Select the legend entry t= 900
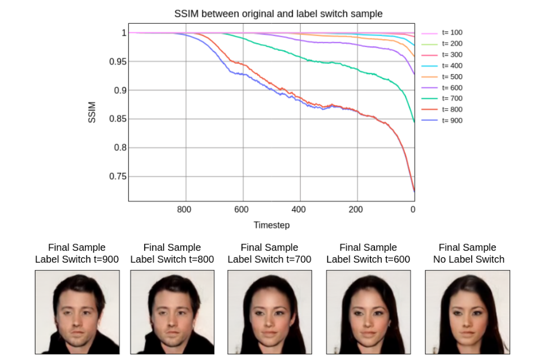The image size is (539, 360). coord(452,120)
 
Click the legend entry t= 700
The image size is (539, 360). coord(452,98)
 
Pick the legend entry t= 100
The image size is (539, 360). coord(452,33)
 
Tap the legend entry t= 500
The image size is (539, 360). coord(452,76)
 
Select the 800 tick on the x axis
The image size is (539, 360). coord(185,210)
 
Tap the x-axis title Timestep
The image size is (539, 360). coord(271,225)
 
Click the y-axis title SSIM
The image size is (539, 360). coord(92,112)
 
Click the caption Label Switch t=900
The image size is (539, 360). coord(76,259)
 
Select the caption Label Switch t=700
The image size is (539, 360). coord(269,259)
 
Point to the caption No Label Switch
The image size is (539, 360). coord(467,259)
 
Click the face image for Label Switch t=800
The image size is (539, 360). coord(172,312)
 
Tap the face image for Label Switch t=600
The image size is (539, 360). coord(368,312)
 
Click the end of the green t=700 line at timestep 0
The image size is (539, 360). coord(414,121)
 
